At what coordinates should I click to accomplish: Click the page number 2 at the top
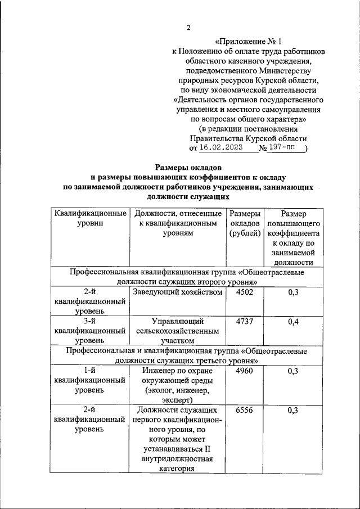click(189, 28)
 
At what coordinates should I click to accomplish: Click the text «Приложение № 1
click(248, 41)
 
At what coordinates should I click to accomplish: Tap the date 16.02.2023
click(220, 148)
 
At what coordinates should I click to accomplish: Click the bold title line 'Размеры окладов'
click(188, 167)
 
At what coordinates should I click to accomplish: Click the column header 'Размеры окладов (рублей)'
click(245, 223)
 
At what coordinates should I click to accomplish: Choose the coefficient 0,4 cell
click(292, 321)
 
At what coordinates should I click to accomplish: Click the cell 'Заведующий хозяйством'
click(177, 292)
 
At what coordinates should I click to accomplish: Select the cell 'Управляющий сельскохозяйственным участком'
click(177, 331)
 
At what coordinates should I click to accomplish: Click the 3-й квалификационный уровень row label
click(89, 331)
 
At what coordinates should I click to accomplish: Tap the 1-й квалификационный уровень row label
click(89, 380)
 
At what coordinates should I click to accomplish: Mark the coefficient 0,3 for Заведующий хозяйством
click(292, 292)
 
